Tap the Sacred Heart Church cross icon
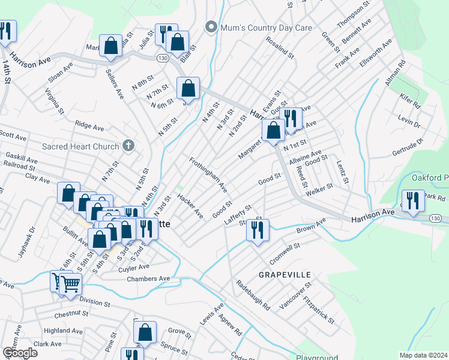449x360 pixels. click(127, 146)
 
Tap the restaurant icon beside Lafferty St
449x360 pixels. click(258, 230)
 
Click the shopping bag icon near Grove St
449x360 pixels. click(145, 332)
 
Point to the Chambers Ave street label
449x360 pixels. click(148, 279)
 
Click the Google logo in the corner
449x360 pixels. click(20, 352)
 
